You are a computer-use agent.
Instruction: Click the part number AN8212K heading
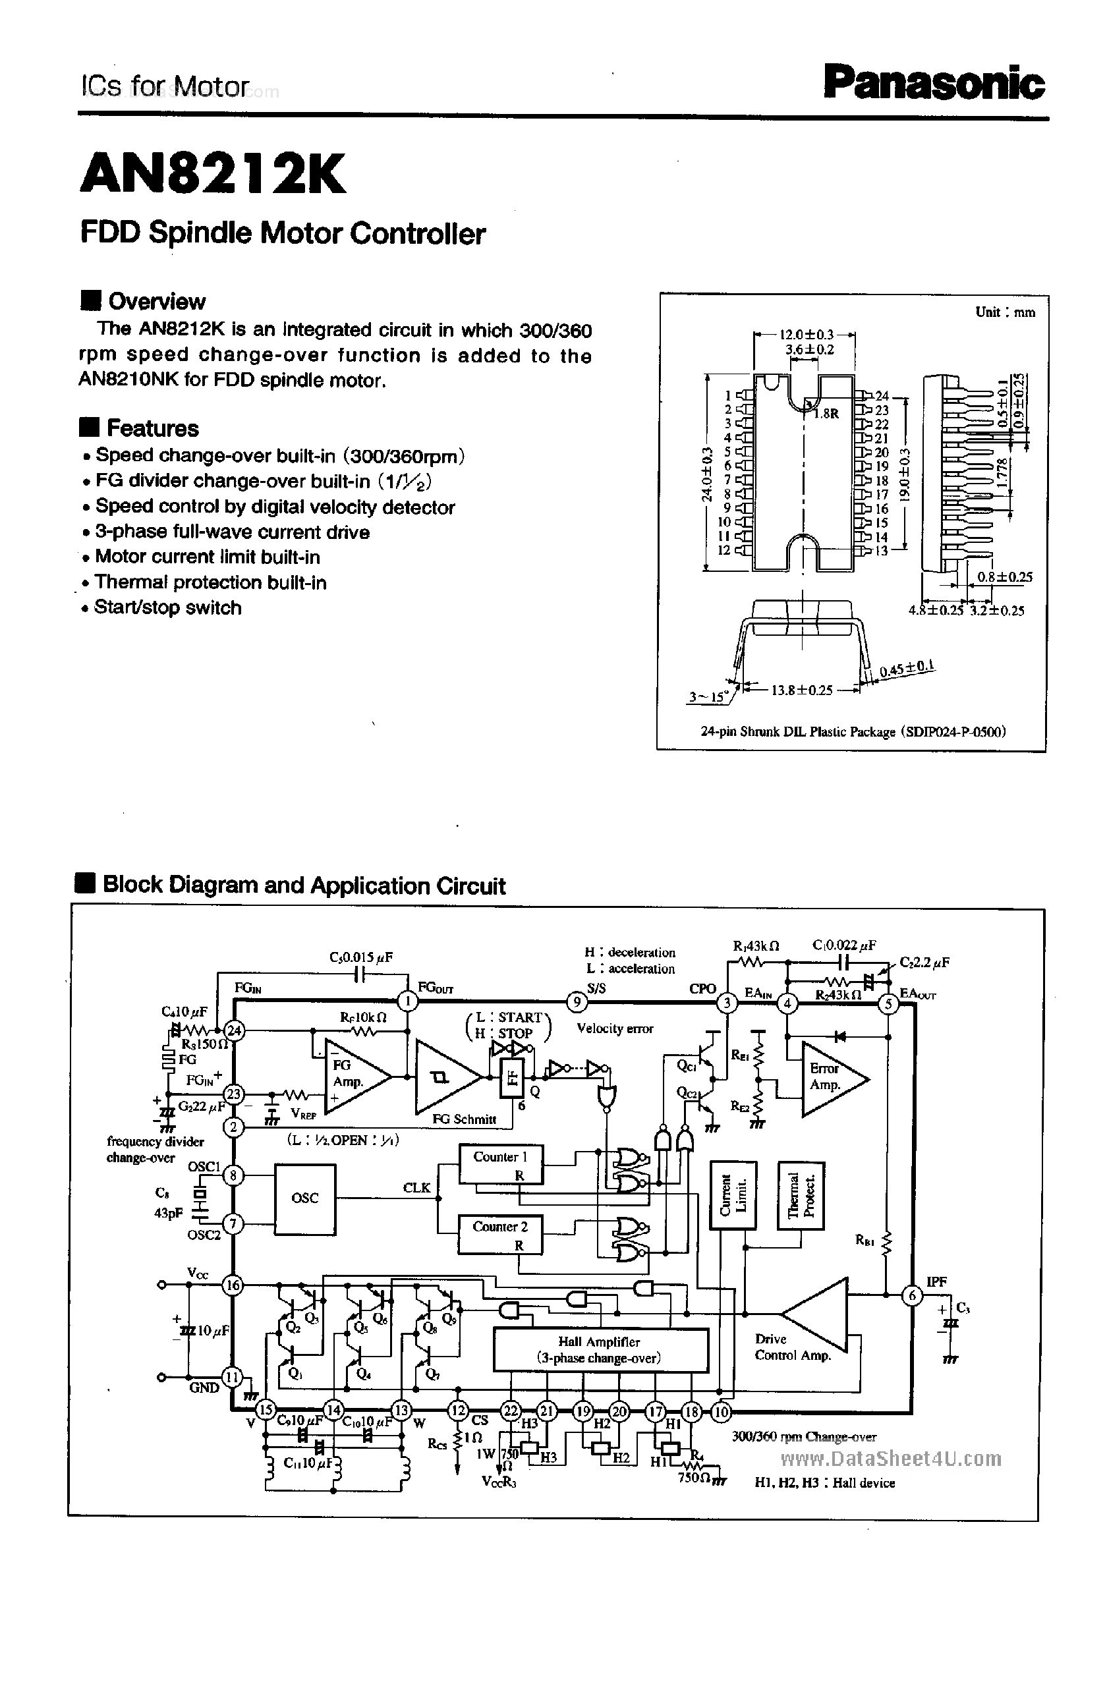213,173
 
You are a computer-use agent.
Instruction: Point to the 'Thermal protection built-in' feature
210,582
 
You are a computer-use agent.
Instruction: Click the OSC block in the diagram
305,1198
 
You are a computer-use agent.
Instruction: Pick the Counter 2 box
500,1234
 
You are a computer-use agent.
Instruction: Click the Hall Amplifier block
600,1349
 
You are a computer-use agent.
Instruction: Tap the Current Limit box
733,1195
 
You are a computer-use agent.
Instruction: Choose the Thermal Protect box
801,1195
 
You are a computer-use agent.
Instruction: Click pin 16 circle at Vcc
233,1285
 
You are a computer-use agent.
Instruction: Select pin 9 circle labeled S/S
577,1001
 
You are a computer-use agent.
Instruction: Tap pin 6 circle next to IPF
913,1295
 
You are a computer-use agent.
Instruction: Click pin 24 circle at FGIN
233,1031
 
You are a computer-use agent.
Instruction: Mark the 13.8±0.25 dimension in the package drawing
801,690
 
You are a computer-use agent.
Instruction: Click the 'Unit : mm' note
1004,312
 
